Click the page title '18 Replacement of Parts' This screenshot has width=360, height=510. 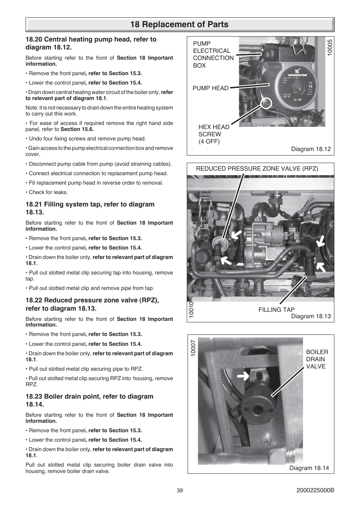180,25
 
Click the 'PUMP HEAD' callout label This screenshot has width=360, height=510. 210,88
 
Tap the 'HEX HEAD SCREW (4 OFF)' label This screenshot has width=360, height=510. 214,134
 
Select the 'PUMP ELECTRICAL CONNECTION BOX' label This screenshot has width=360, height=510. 213,55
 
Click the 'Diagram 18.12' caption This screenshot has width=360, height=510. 311,149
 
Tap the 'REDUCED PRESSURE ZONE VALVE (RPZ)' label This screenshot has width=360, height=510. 257,169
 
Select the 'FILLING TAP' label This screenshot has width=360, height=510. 276,310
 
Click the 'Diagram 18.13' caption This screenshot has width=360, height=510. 311,316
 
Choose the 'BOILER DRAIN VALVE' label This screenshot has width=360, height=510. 317,359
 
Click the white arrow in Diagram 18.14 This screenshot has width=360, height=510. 244,376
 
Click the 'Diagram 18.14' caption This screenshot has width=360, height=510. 309,468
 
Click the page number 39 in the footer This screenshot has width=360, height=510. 180,490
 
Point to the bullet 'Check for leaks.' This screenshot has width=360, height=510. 48,193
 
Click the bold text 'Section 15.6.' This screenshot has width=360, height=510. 77,129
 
